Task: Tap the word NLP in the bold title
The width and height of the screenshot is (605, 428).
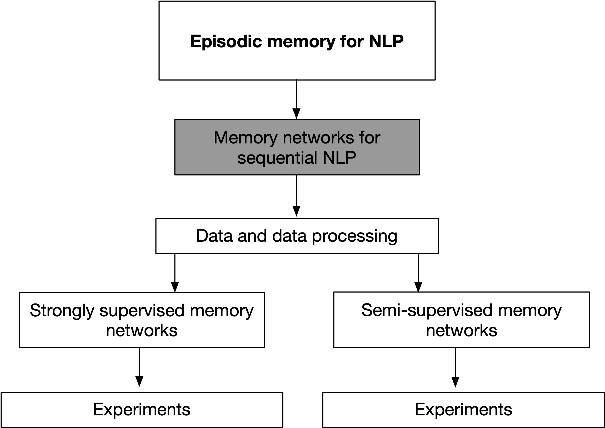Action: pos(386,42)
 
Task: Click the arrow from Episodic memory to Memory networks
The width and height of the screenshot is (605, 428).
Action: pos(296,99)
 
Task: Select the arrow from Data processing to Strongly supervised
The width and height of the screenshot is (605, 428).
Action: pos(175,273)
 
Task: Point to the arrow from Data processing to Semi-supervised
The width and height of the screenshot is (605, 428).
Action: pos(418,273)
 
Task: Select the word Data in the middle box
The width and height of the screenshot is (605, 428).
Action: pos(214,236)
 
